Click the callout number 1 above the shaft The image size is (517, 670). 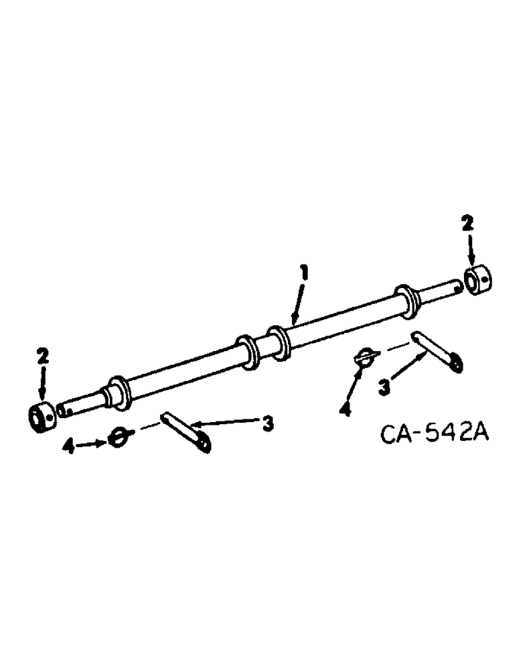point(303,273)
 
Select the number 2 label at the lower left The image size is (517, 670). point(43,356)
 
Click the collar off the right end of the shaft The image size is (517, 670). point(477,280)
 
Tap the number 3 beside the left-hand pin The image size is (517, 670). point(267,423)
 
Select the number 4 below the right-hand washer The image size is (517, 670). point(345,409)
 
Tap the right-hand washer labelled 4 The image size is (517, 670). point(367,356)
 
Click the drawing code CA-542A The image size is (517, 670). point(435,434)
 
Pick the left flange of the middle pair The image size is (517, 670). point(249,351)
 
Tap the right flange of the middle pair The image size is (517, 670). point(279,340)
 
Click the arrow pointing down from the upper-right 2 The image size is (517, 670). point(471,252)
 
